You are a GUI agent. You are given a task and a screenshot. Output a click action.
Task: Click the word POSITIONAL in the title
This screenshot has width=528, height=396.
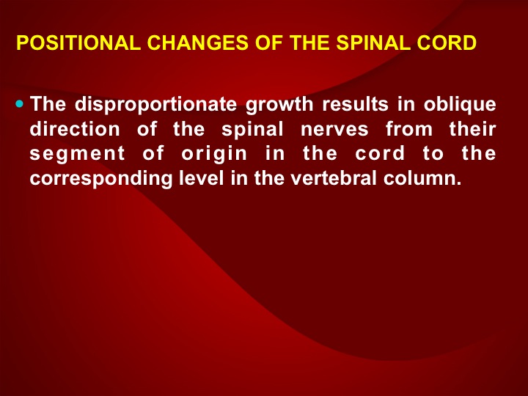pos(78,43)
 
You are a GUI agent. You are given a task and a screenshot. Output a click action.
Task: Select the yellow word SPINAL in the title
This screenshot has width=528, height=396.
pos(373,43)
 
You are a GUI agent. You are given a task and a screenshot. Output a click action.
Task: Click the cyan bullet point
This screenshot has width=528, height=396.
pos(20,103)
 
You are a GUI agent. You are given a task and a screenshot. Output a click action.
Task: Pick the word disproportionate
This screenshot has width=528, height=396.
pos(156,104)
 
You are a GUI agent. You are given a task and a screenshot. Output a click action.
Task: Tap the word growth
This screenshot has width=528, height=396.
pos(279,105)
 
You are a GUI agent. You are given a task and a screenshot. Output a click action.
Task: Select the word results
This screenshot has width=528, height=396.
pos(356,104)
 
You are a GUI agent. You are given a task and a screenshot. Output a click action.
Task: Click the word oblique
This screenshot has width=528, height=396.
pos(460,105)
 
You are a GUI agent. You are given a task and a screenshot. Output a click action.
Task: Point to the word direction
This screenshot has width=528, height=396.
pos(75,129)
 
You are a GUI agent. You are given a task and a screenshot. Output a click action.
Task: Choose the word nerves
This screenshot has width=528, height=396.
pos(334,130)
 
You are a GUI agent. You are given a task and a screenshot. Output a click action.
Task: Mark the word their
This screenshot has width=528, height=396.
pos(472,129)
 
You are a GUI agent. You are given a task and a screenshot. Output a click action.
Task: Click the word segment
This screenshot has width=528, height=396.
pos(78,155)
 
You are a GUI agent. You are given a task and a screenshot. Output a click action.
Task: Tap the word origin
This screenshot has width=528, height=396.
pos(214,154)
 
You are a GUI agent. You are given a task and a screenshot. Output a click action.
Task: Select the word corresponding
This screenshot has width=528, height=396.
pos(101,179)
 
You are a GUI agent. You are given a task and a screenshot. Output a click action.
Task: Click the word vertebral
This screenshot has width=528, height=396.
pos(334,178)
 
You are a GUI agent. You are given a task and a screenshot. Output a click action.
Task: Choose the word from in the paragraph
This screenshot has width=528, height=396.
pos(408,129)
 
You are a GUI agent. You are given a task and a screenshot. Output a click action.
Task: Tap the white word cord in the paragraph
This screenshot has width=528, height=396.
pos(380,153)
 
